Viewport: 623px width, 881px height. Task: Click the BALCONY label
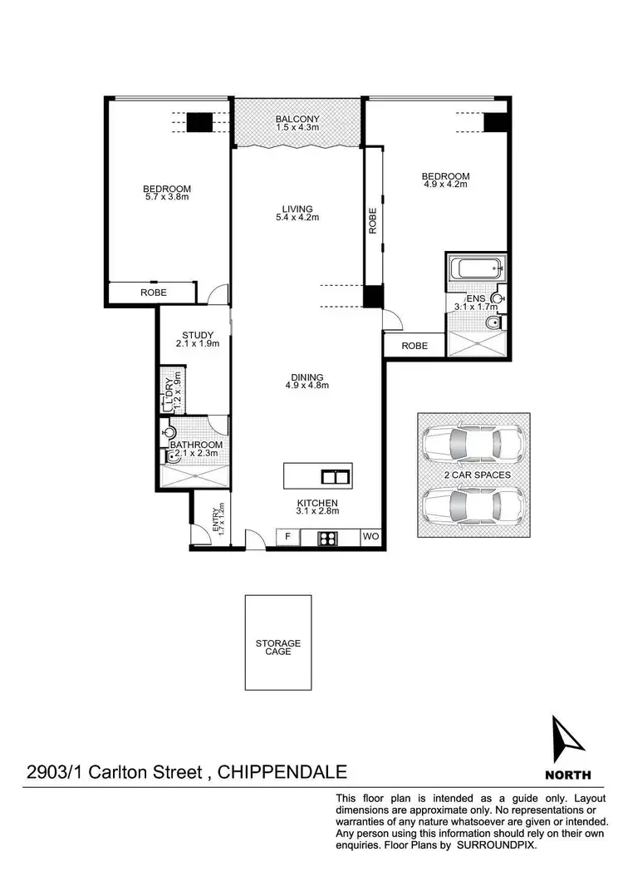[x=297, y=120]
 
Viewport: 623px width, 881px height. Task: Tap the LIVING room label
[x=297, y=209]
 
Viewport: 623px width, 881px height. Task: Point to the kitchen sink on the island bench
[x=335, y=476]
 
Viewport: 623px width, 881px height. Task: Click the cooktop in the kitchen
[x=327, y=538]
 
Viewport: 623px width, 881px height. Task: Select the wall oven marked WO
[x=370, y=538]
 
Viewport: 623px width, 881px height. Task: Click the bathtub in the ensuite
[x=475, y=268]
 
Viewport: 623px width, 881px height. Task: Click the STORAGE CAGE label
[x=278, y=647]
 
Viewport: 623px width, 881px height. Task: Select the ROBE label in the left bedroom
[x=153, y=293]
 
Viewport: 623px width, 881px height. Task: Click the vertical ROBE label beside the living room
[x=373, y=220]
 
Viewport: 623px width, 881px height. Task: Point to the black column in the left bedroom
[x=199, y=122]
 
